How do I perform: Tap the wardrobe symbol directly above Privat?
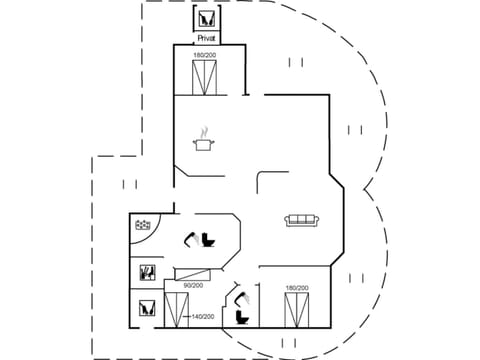tap(207, 19)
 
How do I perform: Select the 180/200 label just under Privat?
tap(205, 55)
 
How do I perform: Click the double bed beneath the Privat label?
tap(205, 77)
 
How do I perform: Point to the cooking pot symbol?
tap(206, 146)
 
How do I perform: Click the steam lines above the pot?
tap(206, 131)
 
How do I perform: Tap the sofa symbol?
tap(300, 221)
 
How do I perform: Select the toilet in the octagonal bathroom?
tap(209, 239)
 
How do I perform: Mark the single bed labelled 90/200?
tap(193, 273)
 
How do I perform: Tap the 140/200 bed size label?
tap(203, 317)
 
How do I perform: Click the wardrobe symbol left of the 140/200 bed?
tap(146, 308)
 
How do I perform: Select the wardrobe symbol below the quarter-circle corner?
tap(146, 271)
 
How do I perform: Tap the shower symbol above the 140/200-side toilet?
tap(240, 297)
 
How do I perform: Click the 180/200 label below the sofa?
tap(295, 288)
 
